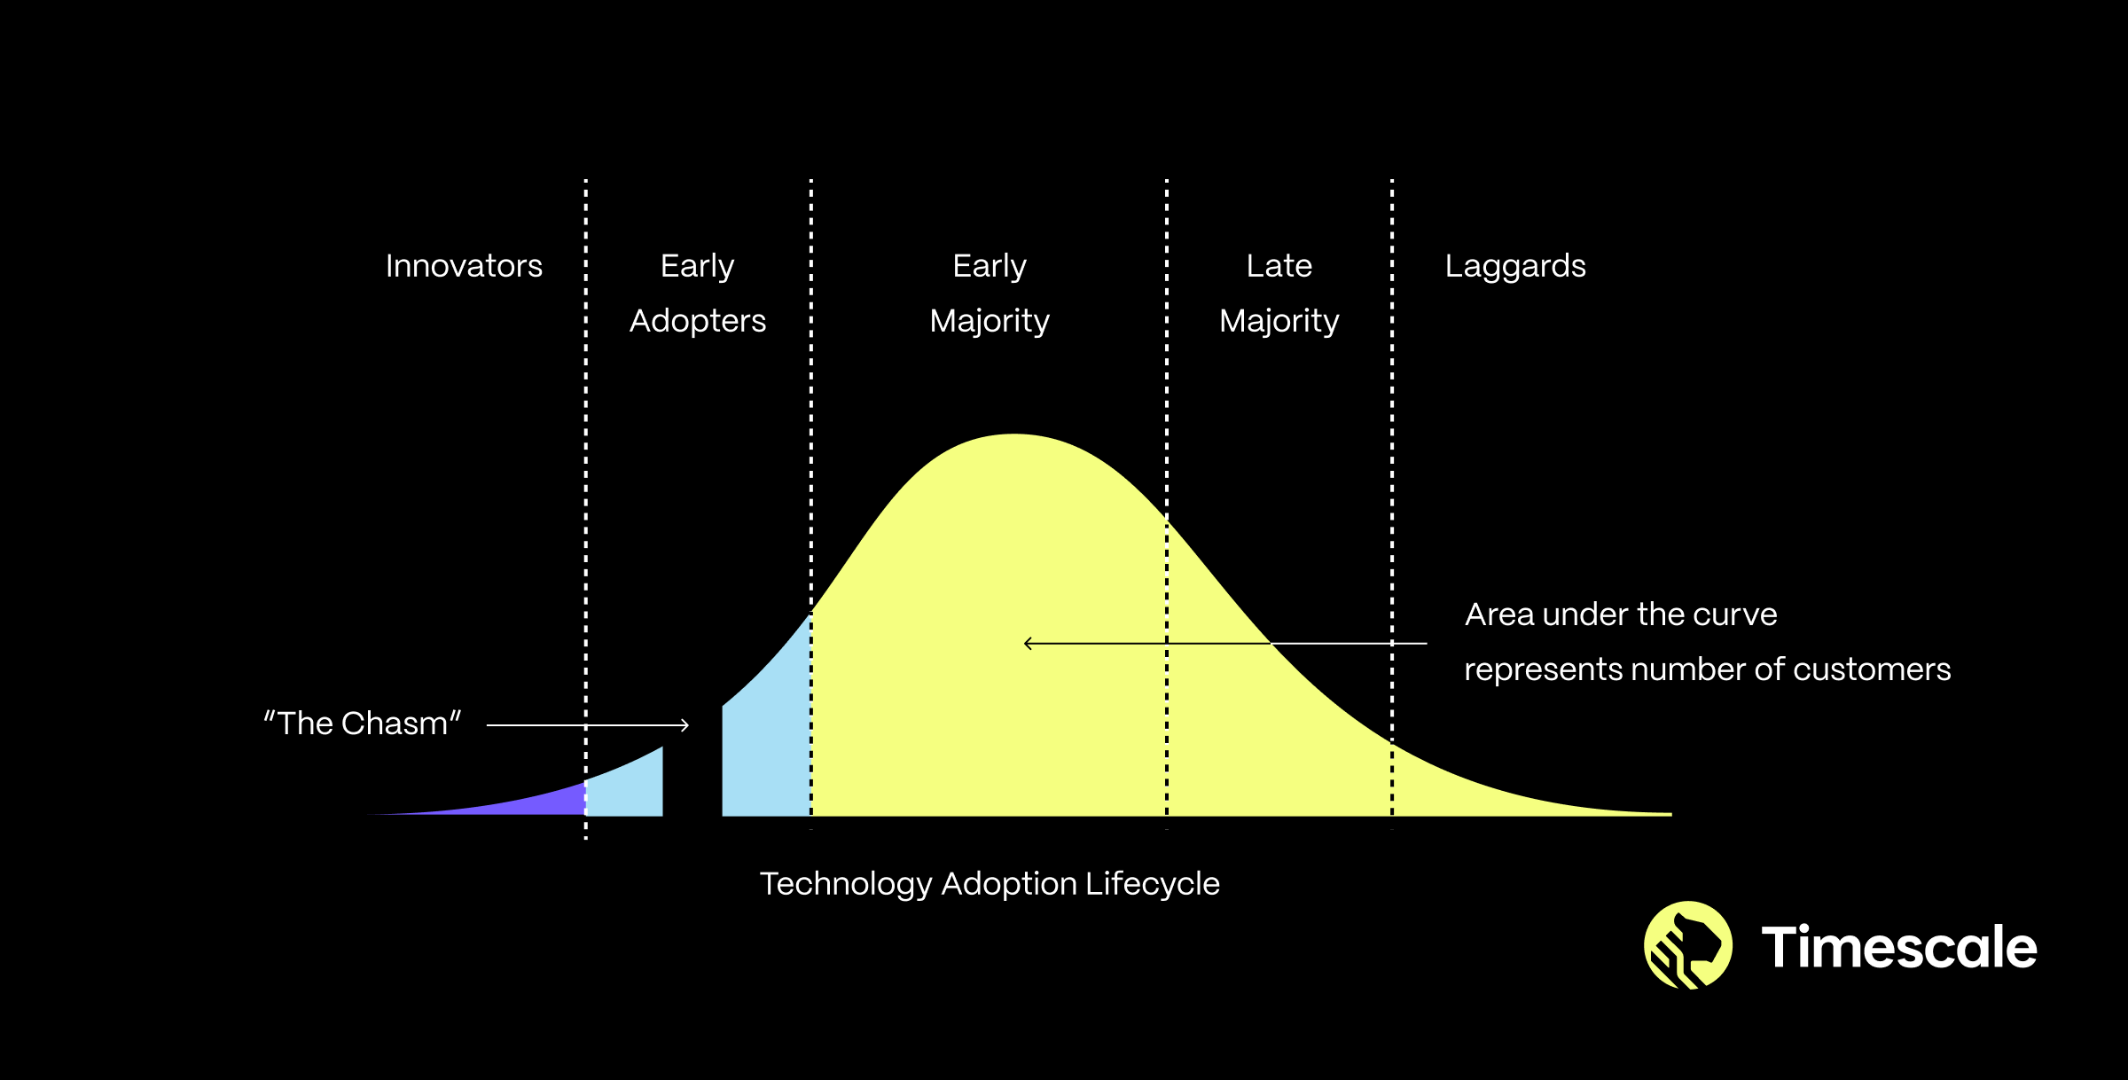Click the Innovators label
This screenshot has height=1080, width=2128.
coord(464,266)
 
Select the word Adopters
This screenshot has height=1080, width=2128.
coord(698,321)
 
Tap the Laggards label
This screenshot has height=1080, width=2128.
coord(1515,267)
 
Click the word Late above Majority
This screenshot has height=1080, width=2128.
coord(1279,266)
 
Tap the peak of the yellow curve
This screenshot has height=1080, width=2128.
coord(1014,434)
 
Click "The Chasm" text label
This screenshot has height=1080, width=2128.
coord(362,724)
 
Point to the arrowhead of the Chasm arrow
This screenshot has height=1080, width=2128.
coord(685,725)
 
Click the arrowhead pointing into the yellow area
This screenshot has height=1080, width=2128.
coord(1029,644)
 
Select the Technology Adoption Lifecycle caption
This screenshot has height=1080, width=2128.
coord(990,884)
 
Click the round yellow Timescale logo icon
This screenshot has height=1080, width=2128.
coord(1688,945)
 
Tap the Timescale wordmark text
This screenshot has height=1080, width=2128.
coord(1899,947)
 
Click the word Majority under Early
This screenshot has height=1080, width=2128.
coord(990,321)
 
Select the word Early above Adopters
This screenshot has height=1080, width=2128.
coord(698,266)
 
